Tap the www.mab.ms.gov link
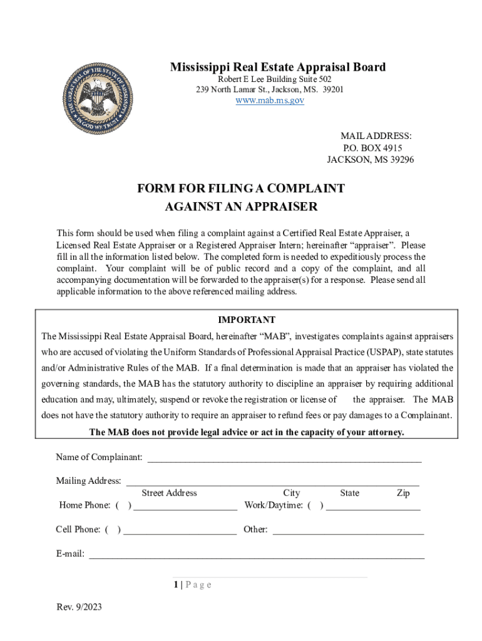(x=270, y=100)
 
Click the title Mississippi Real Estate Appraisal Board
(x=278, y=67)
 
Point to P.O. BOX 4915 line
(x=372, y=148)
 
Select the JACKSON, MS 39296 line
(x=370, y=160)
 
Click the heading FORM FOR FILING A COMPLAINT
(x=241, y=188)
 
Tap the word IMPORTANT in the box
(x=247, y=320)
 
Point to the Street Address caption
(x=169, y=493)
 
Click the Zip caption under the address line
(x=403, y=493)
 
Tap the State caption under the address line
(x=349, y=493)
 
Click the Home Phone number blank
(x=185, y=508)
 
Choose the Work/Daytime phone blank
(x=373, y=508)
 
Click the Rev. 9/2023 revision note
(x=79, y=607)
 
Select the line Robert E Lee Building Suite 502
(x=274, y=79)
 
